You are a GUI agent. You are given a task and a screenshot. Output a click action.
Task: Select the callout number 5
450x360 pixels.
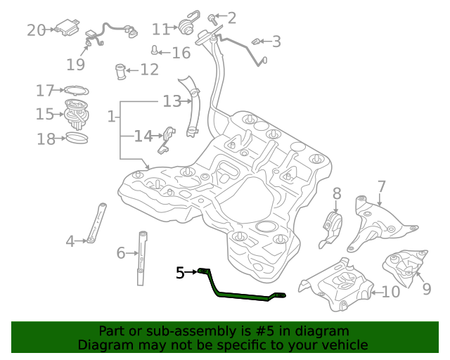pyautogui.click(x=180, y=271)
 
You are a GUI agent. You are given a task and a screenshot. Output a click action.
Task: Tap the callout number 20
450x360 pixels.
pyautogui.click(x=36, y=30)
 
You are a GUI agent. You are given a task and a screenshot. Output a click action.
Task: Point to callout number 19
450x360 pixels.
pyautogui.click(x=76, y=65)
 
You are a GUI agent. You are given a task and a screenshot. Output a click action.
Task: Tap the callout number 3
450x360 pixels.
pyautogui.click(x=276, y=41)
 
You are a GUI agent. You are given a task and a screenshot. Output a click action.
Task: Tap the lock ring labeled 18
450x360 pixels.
pyautogui.click(x=77, y=137)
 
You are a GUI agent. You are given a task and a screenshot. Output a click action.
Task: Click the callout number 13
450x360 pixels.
pyautogui.click(x=172, y=101)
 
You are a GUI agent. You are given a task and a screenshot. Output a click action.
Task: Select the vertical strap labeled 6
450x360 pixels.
pyautogui.click(x=143, y=257)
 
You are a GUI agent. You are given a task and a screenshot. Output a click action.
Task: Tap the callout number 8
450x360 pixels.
pyautogui.click(x=337, y=193)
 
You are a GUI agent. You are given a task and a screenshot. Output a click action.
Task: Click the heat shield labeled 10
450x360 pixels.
pyautogui.click(x=337, y=285)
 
